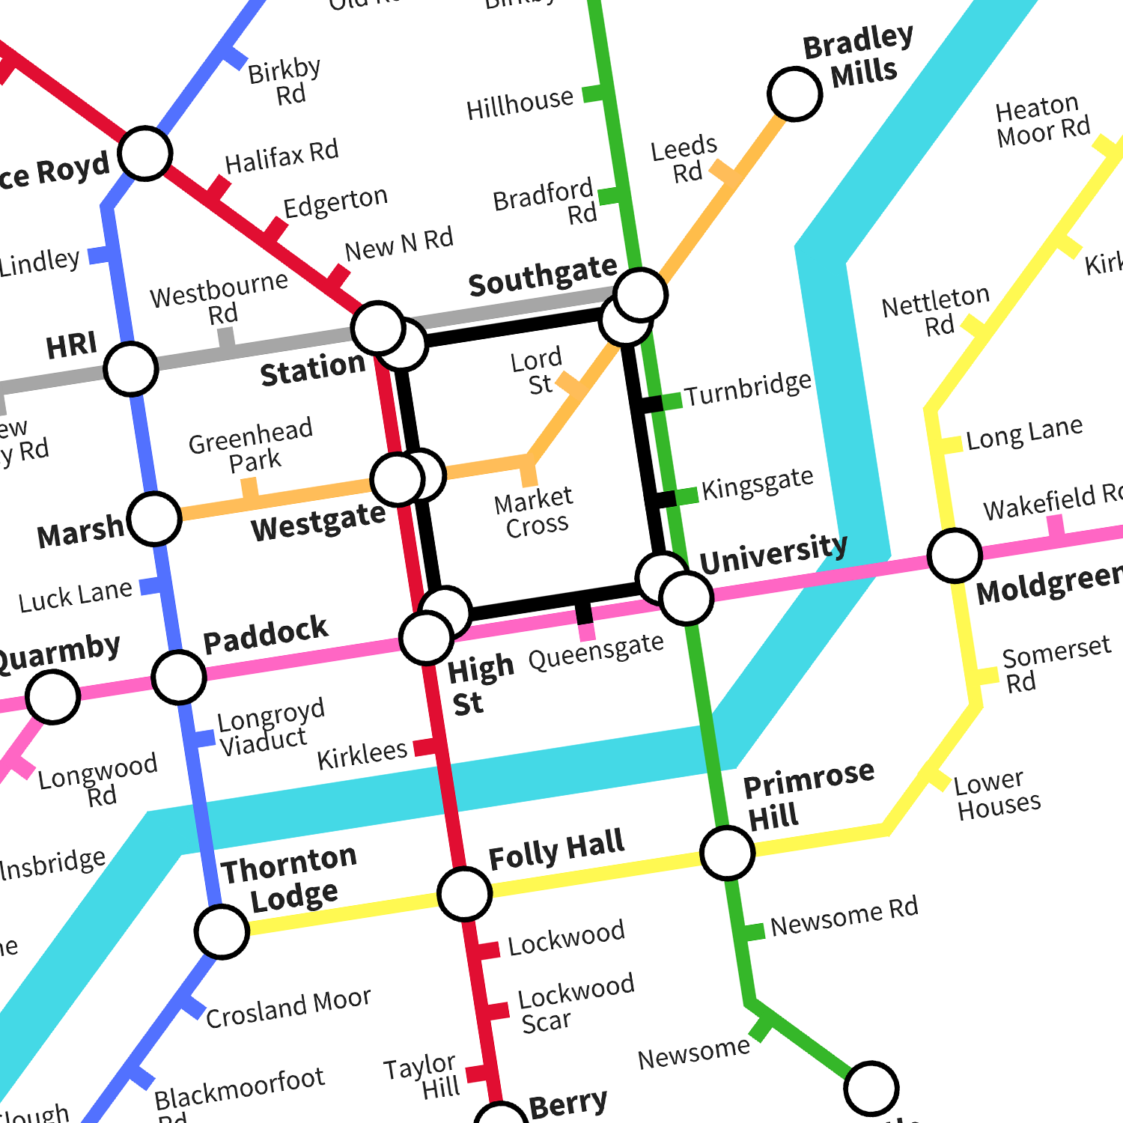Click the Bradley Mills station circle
[794, 94]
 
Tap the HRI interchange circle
[131, 369]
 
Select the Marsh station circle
[154, 518]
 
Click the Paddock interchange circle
[178, 677]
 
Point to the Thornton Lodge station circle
[222, 931]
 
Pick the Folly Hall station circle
[464, 894]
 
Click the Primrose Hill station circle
[727, 853]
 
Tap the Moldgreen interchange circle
[955, 556]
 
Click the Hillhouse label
[520, 104]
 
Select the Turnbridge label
[747, 389]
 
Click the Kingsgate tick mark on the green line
[686, 496]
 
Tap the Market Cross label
[535, 512]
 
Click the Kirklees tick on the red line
[425, 746]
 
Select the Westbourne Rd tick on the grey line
[226, 338]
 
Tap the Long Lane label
[1024, 433]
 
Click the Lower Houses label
[997, 794]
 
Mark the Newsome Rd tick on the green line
[754, 931]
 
